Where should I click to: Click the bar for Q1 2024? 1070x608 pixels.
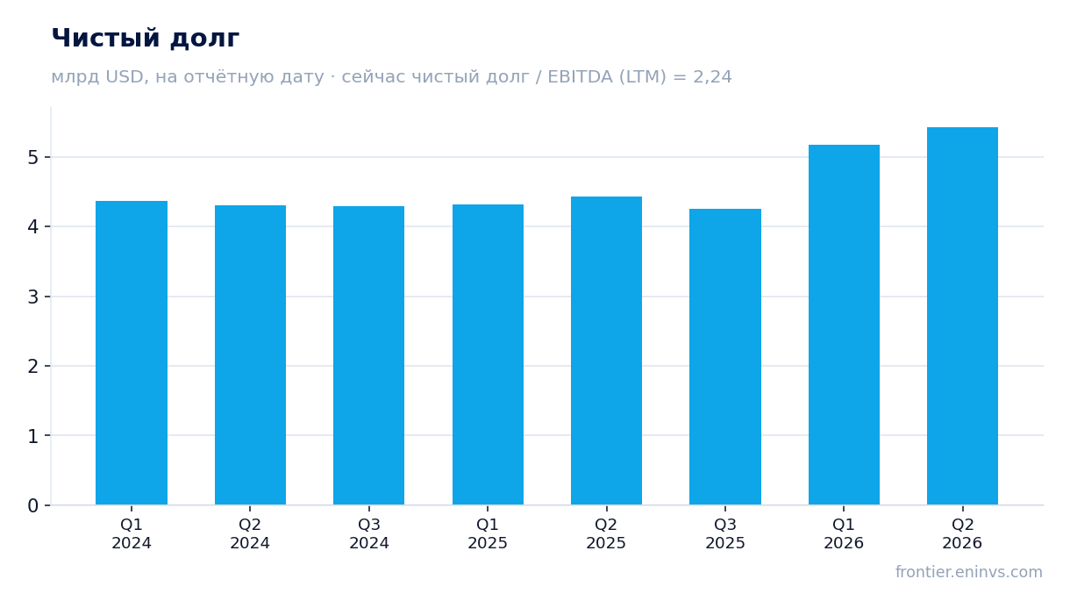[132, 353]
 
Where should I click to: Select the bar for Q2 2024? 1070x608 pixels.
[250, 355]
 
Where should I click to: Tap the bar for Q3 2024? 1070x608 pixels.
[368, 355]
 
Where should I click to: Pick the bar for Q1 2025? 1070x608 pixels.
[488, 354]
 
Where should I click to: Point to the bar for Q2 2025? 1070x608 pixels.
[606, 350]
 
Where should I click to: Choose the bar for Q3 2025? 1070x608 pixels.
[725, 356]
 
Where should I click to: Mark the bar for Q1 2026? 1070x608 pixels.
[844, 325]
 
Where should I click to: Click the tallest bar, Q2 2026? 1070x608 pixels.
[962, 316]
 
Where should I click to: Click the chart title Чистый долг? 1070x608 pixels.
[146, 39]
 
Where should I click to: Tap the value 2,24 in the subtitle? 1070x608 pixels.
[712, 77]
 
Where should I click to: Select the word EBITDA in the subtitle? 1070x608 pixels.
[580, 76]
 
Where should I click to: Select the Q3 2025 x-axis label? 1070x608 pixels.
[725, 534]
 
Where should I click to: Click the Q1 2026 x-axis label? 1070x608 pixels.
[844, 534]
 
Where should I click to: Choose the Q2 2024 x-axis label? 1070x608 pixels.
[250, 534]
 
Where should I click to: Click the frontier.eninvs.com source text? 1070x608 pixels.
[969, 572]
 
